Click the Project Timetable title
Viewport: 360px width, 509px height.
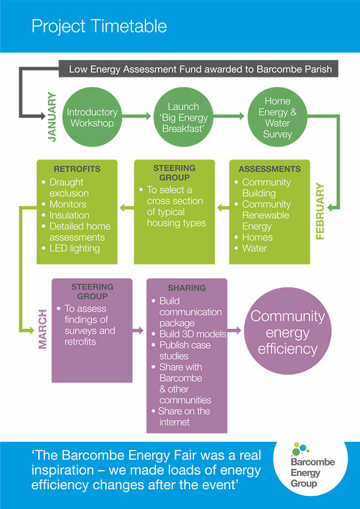point(99,26)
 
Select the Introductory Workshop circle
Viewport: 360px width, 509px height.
point(92,118)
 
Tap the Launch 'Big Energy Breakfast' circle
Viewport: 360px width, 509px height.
point(183,118)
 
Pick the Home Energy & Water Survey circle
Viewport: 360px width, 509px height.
point(278,118)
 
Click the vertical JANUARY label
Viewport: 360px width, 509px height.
point(52,117)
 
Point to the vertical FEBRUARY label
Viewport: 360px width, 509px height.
point(321,211)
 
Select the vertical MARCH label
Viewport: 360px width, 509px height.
point(43,329)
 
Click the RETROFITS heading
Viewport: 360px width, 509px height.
point(77,169)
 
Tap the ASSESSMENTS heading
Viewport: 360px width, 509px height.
point(270,169)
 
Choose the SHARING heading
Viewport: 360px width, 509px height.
point(187,288)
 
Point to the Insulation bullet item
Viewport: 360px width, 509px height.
point(65,215)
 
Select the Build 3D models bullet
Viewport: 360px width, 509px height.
point(189,334)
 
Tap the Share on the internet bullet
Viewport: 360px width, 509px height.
point(180,416)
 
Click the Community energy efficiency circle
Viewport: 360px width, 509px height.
point(288,331)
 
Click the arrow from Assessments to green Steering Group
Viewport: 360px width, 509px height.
point(223,208)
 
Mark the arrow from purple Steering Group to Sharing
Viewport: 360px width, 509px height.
point(138,331)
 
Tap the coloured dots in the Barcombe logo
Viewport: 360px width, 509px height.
point(301,448)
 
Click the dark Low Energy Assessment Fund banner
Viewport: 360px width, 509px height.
point(199,69)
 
